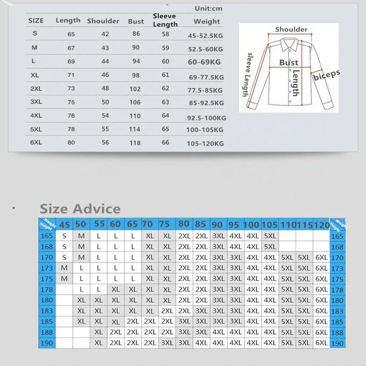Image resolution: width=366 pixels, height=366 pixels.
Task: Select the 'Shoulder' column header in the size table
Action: pyautogui.click(x=103, y=21)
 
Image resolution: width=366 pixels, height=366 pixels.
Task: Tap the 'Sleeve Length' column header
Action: pyautogui.click(x=165, y=20)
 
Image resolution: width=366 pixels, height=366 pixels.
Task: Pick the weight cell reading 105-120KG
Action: pyautogui.click(x=205, y=143)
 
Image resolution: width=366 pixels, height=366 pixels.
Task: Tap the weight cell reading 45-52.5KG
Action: pyautogui.click(x=205, y=35)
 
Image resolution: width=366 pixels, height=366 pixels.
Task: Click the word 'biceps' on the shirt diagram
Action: pyautogui.click(x=327, y=75)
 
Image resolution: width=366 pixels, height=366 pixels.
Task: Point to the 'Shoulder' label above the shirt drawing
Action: pyautogui.click(x=291, y=29)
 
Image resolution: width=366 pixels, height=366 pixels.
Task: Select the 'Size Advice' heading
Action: pyautogui.click(x=80, y=209)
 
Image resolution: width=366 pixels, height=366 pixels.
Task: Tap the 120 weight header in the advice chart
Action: pyautogui.click(x=322, y=225)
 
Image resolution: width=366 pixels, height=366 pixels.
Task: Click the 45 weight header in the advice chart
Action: pyautogui.click(x=65, y=225)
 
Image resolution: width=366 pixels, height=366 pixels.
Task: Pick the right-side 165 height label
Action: pyautogui.click(x=337, y=237)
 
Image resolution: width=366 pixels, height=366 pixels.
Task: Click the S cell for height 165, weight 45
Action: pyautogui.click(x=64, y=237)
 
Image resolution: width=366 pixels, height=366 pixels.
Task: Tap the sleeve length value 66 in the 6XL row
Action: pyautogui.click(x=165, y=142)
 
